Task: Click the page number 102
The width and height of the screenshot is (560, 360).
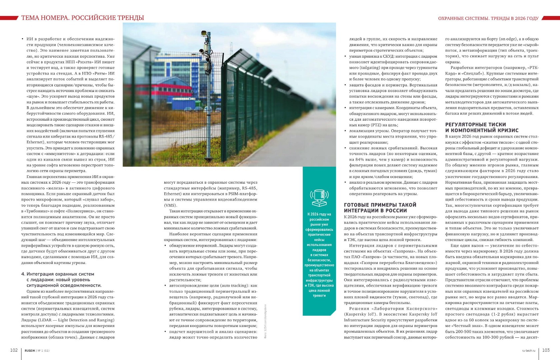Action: coord(14,350)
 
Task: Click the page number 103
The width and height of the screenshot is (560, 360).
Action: coord(546,350)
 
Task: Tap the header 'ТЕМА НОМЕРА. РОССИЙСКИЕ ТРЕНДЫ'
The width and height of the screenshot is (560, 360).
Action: coord(83,18)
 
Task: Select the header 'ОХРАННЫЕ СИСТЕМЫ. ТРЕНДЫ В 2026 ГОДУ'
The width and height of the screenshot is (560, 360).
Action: coord(488,18)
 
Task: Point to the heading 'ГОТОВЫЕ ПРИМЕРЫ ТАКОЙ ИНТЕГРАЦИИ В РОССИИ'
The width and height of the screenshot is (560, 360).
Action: coord(380,208)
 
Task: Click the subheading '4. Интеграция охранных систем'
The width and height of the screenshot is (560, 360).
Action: coord(58,274)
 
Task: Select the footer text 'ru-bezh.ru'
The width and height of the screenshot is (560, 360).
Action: coord(528,350)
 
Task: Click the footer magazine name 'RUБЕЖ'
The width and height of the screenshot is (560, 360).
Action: coord(30,350)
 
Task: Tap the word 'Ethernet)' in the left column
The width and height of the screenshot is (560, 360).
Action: coord(36,142)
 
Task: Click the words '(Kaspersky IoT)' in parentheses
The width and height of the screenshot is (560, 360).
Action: coord(359,314)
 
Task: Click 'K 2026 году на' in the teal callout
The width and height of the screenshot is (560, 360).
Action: coord(319,214)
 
